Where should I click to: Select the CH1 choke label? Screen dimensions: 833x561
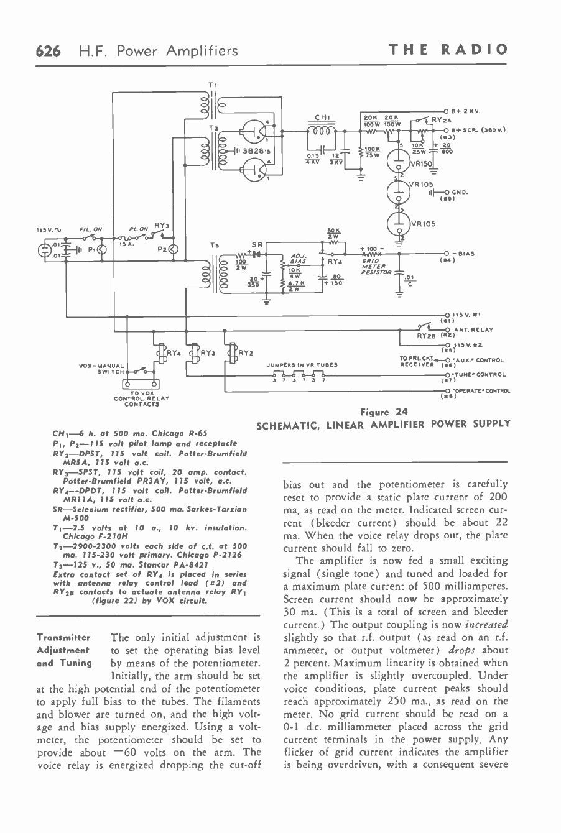[322, 116]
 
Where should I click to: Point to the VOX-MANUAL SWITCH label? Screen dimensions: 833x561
[102, 369]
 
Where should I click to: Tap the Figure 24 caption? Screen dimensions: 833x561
[383, 412]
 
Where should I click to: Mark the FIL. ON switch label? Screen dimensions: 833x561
[90, 228]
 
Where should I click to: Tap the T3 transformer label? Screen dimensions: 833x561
[215, 246]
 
